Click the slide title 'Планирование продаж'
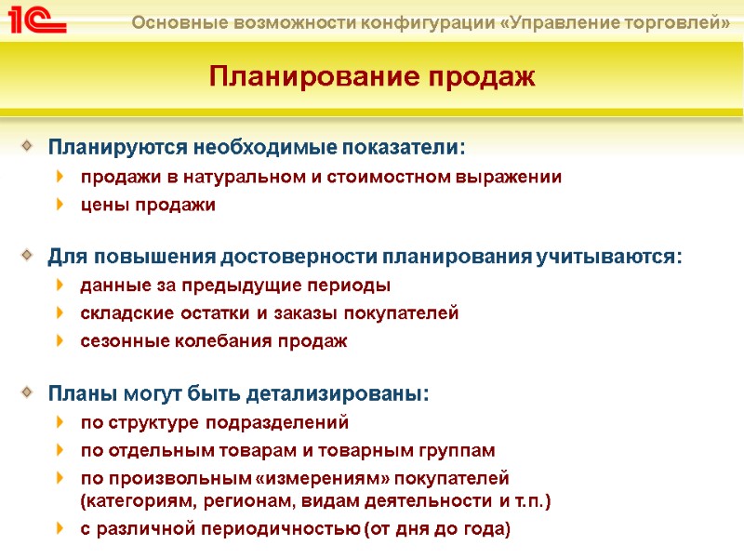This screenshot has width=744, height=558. (372, 76)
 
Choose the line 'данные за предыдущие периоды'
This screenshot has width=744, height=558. (235, 286)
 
